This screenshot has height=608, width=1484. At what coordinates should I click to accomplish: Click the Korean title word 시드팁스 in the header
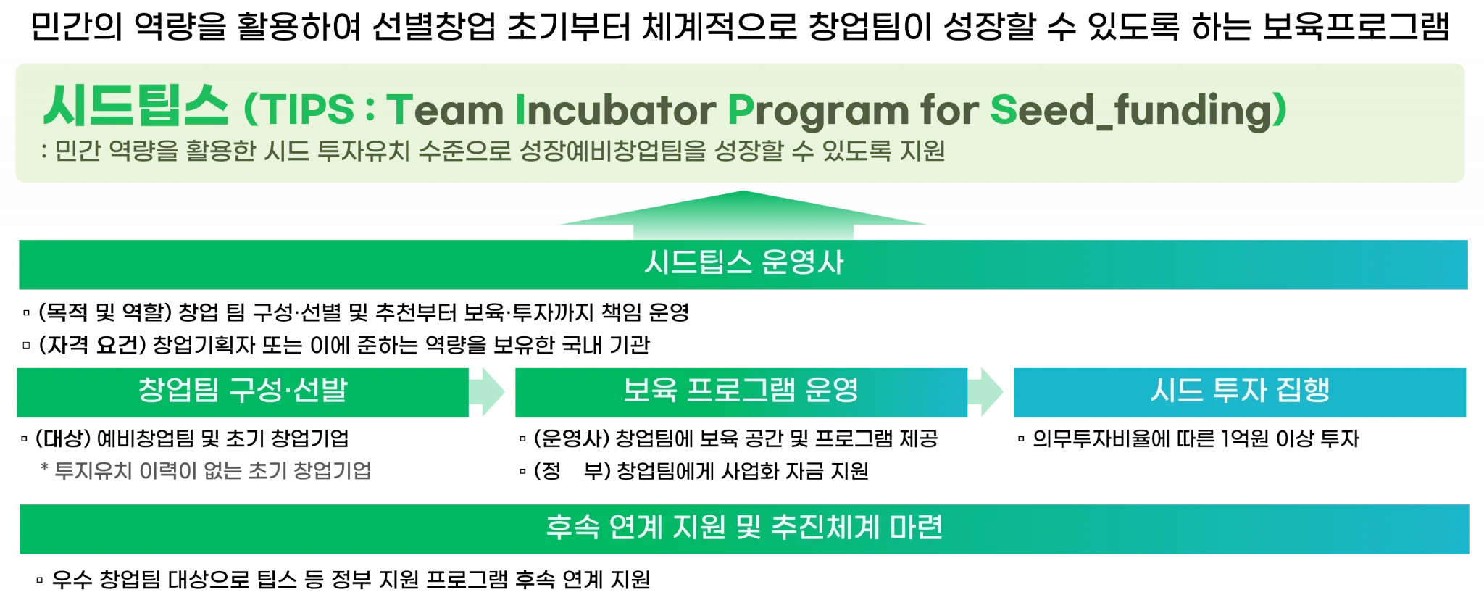(136, 107)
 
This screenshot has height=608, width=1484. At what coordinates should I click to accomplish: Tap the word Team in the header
(445, 110)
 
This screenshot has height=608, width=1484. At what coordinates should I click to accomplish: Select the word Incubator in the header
(615, 110)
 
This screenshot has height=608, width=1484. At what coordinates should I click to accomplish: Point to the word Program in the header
(817, 110)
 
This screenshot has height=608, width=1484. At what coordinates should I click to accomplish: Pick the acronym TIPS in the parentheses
(307, 110)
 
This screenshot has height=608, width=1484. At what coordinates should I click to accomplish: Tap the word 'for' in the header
(949, 110)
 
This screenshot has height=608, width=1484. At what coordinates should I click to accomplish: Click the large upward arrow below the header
(743, 215)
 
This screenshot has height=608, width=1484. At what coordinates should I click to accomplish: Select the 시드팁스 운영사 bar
(743, 264)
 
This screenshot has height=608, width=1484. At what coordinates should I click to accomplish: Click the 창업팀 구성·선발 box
(243, 391)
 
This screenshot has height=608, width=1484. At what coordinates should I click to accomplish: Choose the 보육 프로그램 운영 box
(741, 391)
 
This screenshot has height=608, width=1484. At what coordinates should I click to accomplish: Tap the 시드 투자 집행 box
(1239, 391)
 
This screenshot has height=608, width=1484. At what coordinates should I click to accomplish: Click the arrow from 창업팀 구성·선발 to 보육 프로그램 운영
(488, 391)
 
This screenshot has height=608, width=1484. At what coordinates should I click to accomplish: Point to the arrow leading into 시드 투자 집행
(987, 391)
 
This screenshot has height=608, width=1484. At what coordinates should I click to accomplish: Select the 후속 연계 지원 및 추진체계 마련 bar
(743, 529)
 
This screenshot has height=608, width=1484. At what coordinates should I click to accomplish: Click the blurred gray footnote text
(207, 470)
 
